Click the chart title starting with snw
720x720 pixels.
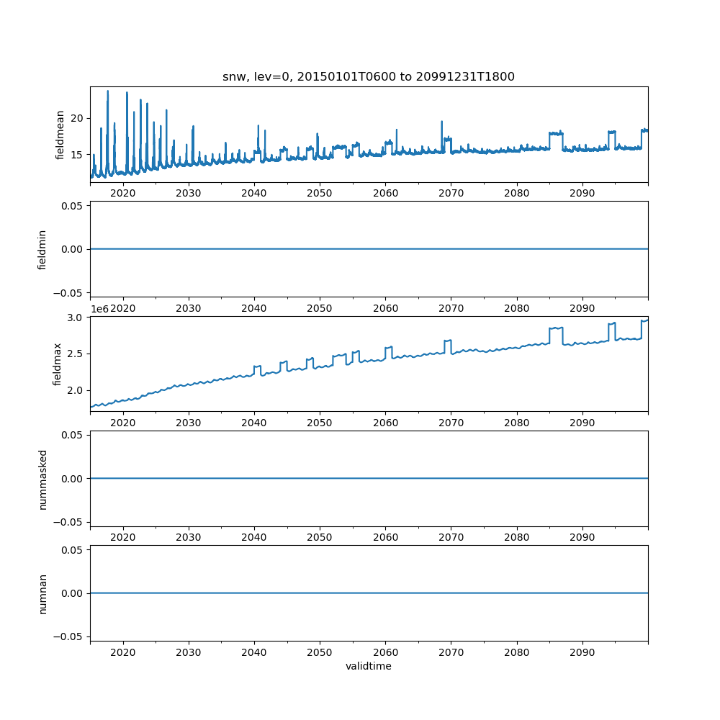pos(369,76)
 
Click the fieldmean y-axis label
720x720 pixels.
pos(60,135)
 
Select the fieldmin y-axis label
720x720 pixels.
pos(42,249)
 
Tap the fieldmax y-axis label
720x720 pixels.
pos(58,364)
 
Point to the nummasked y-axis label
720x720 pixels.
pos(42,479)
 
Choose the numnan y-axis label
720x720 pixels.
pos(42,593)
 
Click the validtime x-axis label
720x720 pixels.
pos(369,667)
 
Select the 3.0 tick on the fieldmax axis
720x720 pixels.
pos(76,318)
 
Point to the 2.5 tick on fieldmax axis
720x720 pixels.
pos(76,354)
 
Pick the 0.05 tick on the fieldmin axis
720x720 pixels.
pos(72,206)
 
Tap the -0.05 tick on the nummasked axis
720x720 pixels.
pos(70,521)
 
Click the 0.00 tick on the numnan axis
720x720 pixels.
pos(72,593)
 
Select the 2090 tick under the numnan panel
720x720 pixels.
pos(582,654)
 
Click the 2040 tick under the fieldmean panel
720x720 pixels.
pos(254,194)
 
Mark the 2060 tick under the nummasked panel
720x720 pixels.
pos(385,539)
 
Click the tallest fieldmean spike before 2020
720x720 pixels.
pos(107,92)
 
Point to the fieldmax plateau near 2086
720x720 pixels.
pos(555,328)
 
